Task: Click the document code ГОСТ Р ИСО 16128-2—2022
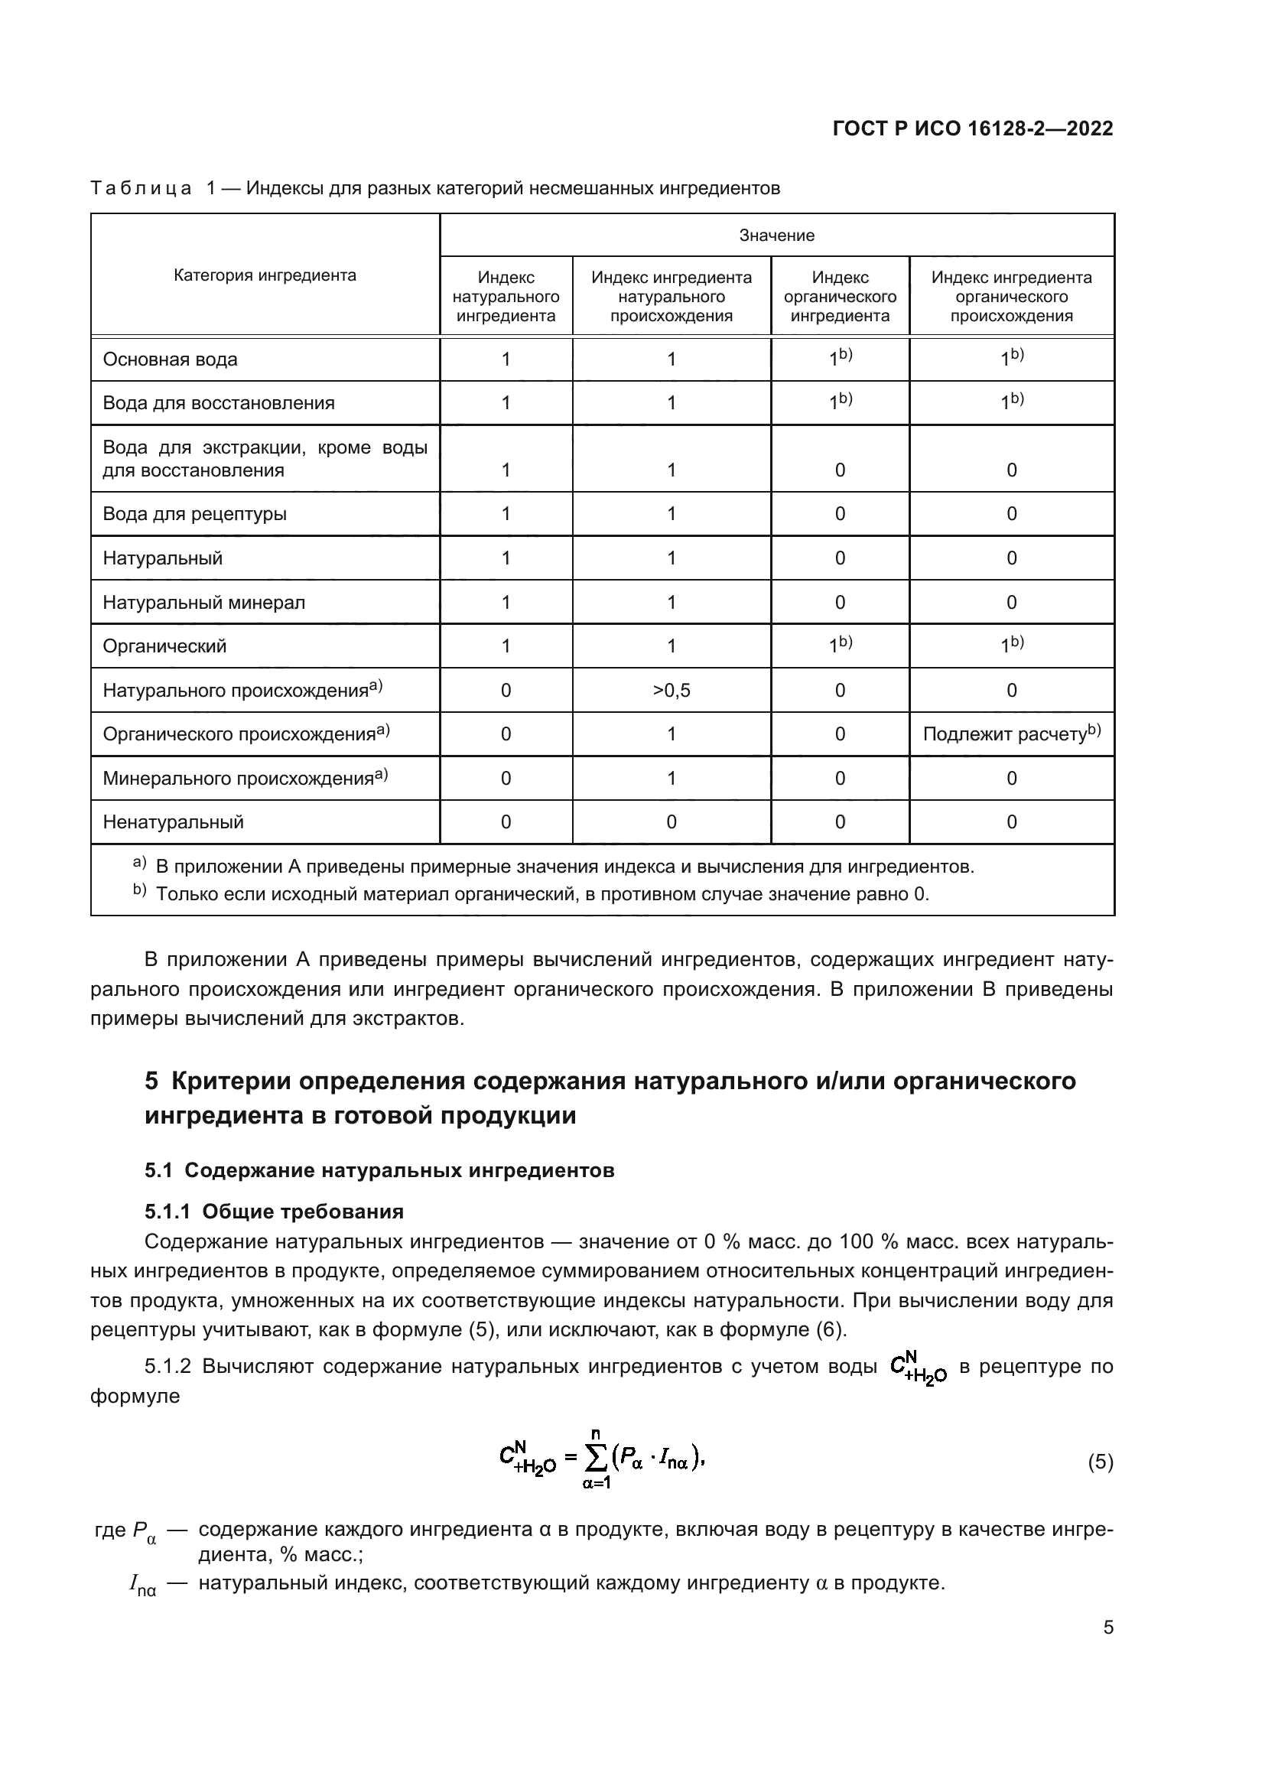(972, 128)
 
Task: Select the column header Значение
(776, 236)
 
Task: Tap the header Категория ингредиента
(265, 275)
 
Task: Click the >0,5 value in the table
(671, 691)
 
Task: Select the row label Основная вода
(170, 360)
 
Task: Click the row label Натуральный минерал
(204, 602)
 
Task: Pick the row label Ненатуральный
(173, 822)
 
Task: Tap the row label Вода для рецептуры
(195, 514)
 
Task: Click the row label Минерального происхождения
(239, 779)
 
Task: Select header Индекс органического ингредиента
(840, 297)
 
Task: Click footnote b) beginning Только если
(541, 893)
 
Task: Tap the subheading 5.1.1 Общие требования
(275, 1212)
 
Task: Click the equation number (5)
(1100, 1462)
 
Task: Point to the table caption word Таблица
(141, 189)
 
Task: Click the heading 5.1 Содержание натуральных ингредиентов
(379, 1170)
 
